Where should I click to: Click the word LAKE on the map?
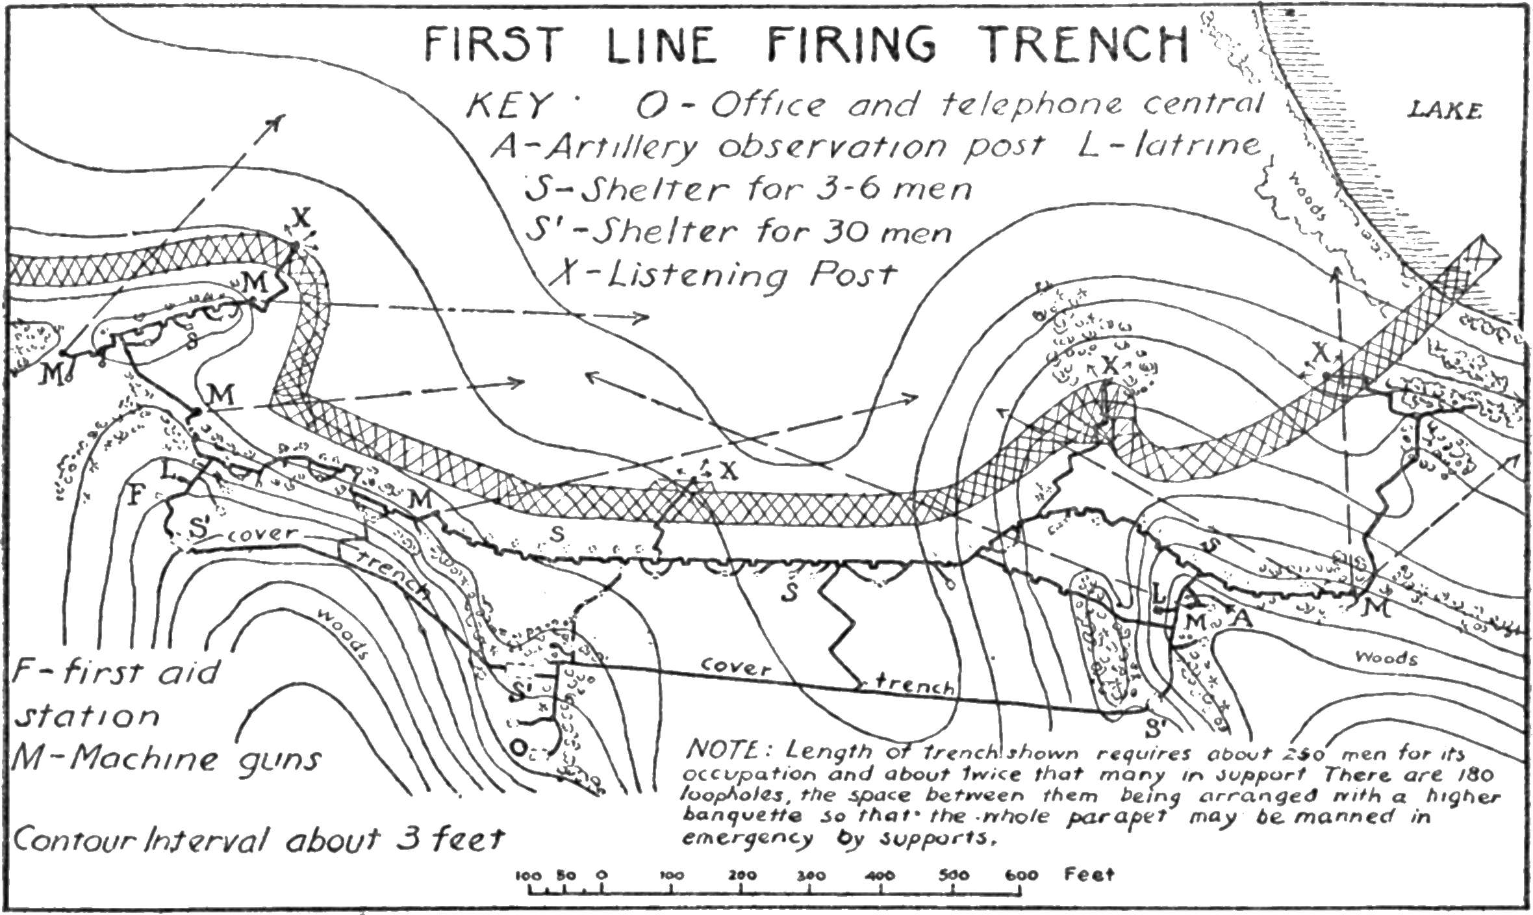click(1445, 112)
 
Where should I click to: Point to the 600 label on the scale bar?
click(1020, 875)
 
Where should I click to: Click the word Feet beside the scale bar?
click(1089, 874)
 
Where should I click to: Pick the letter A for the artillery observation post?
click(1241, 618)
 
